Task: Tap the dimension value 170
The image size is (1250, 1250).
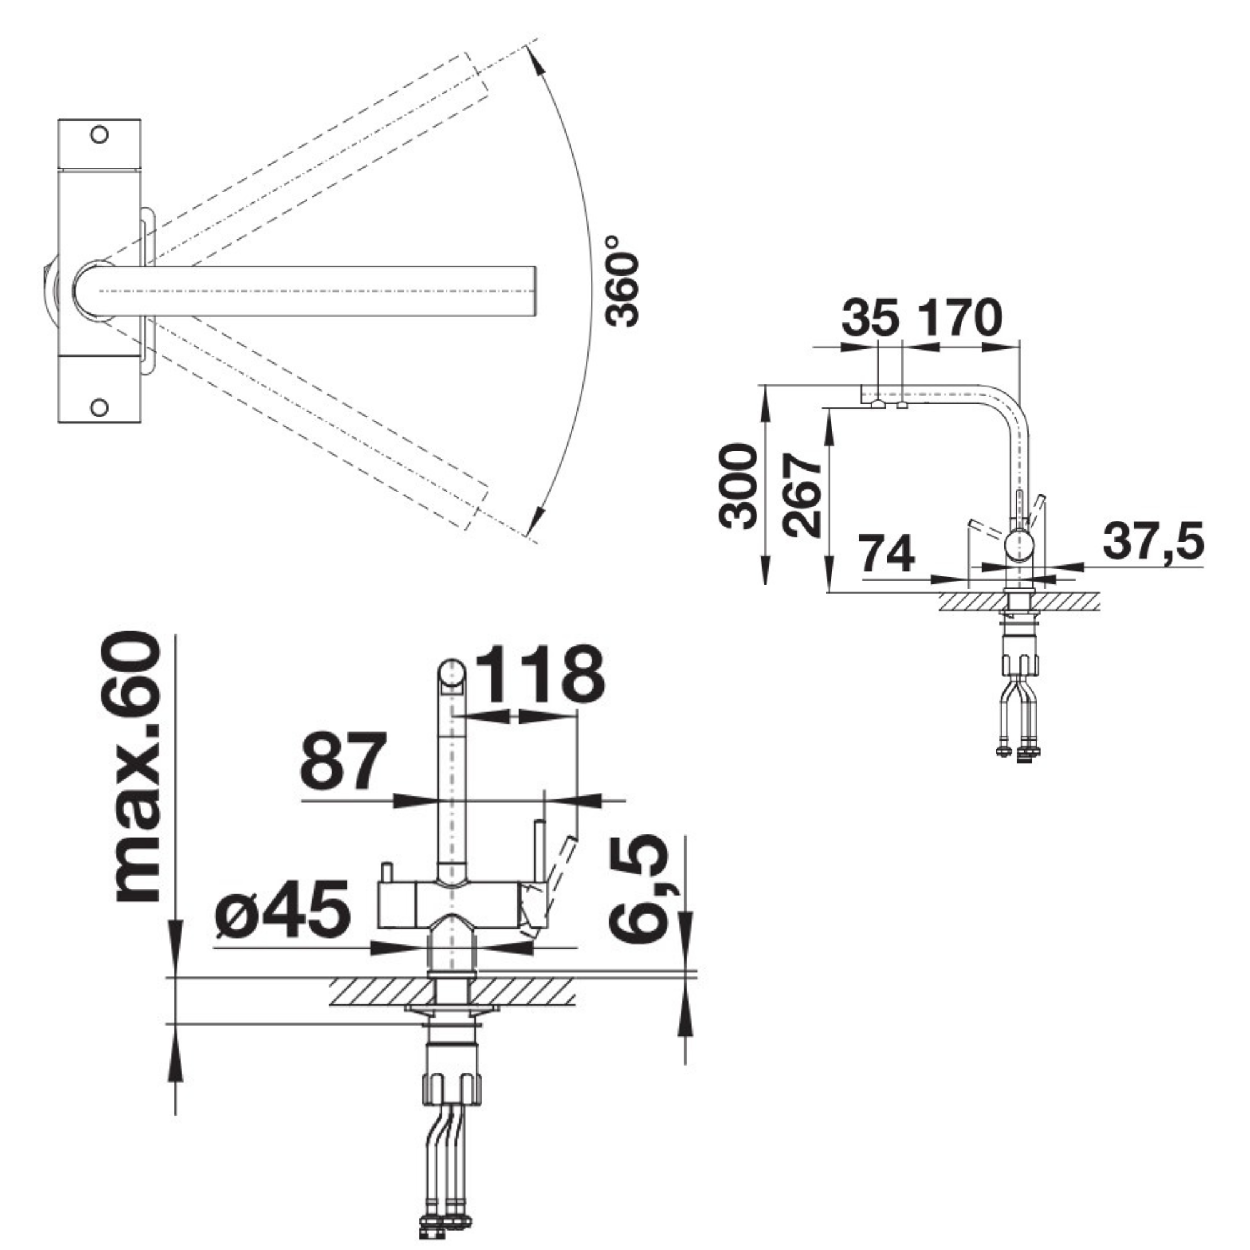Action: pyautogui.click(x=960, y=317)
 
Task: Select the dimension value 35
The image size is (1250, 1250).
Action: pyautogui.click(x=871, y=317)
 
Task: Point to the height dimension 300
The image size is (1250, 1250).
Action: pyautogui.click(x=737, y=486)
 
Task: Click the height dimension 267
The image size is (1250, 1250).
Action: pyautogui.click(x=802, y=496)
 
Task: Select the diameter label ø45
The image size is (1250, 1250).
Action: pyautogui.click(x=282, y=908)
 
